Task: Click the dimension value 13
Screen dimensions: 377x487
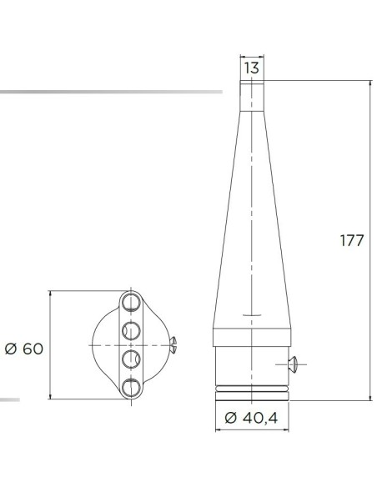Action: click(x=252, y=68)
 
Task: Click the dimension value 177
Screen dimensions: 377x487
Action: click(x=352, y=241)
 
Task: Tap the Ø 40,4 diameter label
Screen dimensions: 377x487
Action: click(x=251, y=418)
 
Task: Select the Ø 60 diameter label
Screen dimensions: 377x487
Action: click(x=24, y=349)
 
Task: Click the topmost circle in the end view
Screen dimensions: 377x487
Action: click(x=131, y=302)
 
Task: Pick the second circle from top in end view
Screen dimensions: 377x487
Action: click(x=131, y=330)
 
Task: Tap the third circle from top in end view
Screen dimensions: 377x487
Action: click(x=131, y=359)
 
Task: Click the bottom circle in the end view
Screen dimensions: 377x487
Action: click(x=131, y=388)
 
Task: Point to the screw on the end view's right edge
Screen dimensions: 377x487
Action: click(x=173, y=344)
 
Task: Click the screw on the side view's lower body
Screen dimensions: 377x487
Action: click(x=292, y=364)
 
